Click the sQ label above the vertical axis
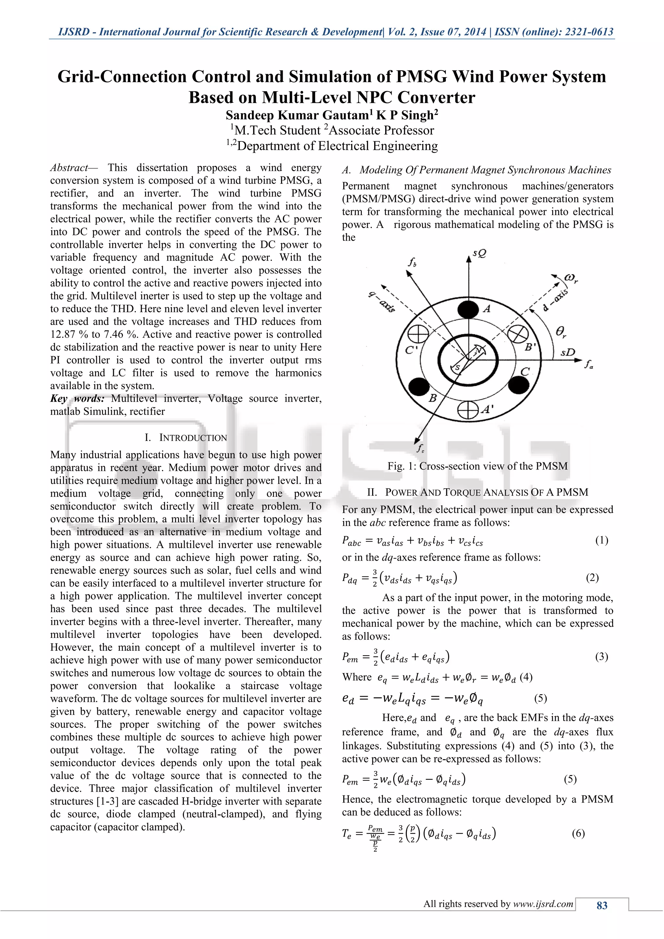click(479, 254)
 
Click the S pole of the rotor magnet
click(457, 368)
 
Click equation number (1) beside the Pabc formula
click(601, 540)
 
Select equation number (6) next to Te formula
click(578, 833)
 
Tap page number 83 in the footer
click(602, 906)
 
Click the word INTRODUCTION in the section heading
click(193, 438)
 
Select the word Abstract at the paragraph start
click(69, 168)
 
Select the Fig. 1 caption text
click(478, 466)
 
